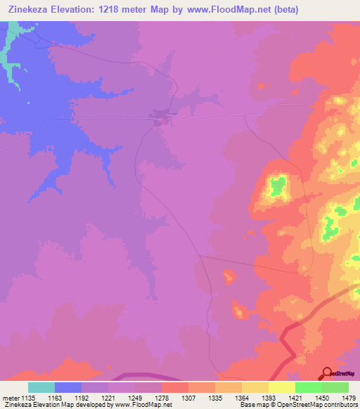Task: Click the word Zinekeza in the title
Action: coord(27,10)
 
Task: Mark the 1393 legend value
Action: coord(267,398)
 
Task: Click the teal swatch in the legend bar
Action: coord(41,387)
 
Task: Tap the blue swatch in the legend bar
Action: coord(68,387)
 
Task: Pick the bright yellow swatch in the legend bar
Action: coord(282,387)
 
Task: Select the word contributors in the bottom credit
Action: coord(339,405)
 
